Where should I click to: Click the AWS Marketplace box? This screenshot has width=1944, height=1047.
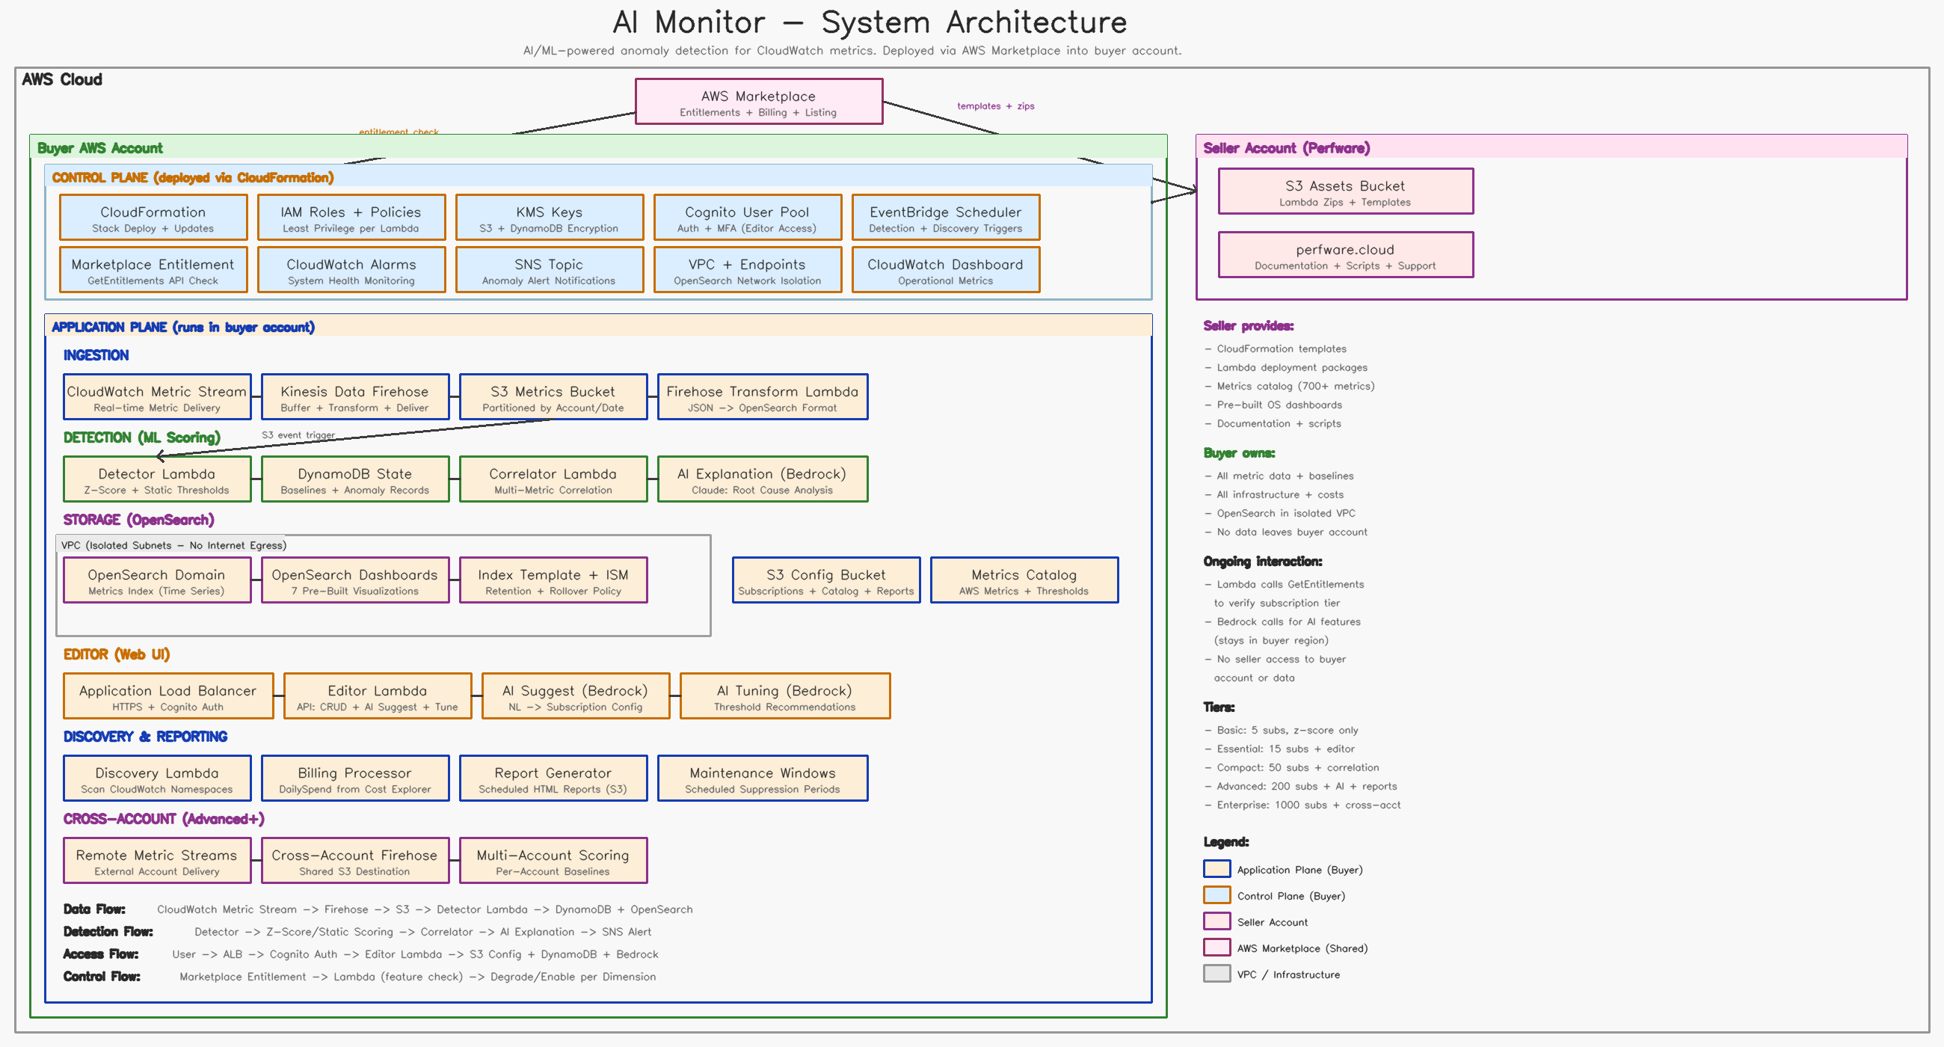pos(758,101)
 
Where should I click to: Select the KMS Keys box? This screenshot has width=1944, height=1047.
pos(550,218)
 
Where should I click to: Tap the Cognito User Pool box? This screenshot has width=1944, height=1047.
pos(747,218)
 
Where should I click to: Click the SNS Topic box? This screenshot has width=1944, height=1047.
pos(550,269)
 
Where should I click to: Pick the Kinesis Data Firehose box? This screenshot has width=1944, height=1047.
pos(354,396)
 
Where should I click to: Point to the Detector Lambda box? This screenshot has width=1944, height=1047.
pos(157,479)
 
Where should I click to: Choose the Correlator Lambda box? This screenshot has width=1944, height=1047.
pos(553,479)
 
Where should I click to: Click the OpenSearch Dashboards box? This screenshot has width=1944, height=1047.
pos(354,580)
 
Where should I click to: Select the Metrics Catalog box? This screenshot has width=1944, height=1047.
pos(1024,580)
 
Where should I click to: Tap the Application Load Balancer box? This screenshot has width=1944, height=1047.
pos(168,696)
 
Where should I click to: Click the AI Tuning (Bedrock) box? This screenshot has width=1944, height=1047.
pos(785,696)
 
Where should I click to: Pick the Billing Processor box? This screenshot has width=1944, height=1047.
pos(354,778)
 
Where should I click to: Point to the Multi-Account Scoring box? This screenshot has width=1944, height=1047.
pos(553,860)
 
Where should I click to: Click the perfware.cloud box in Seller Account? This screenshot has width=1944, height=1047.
pos(1346,254)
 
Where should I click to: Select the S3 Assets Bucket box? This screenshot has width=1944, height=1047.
pos(1346,191)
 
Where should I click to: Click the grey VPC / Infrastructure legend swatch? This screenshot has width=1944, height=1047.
pos(1216,974)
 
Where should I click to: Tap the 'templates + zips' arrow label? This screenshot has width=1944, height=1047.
pos(995,106)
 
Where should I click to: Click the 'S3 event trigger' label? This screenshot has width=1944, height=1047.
pos(298,435)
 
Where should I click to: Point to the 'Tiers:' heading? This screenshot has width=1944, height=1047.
pos(1219,707)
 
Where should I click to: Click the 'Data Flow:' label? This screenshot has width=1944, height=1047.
pos(94,909)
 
